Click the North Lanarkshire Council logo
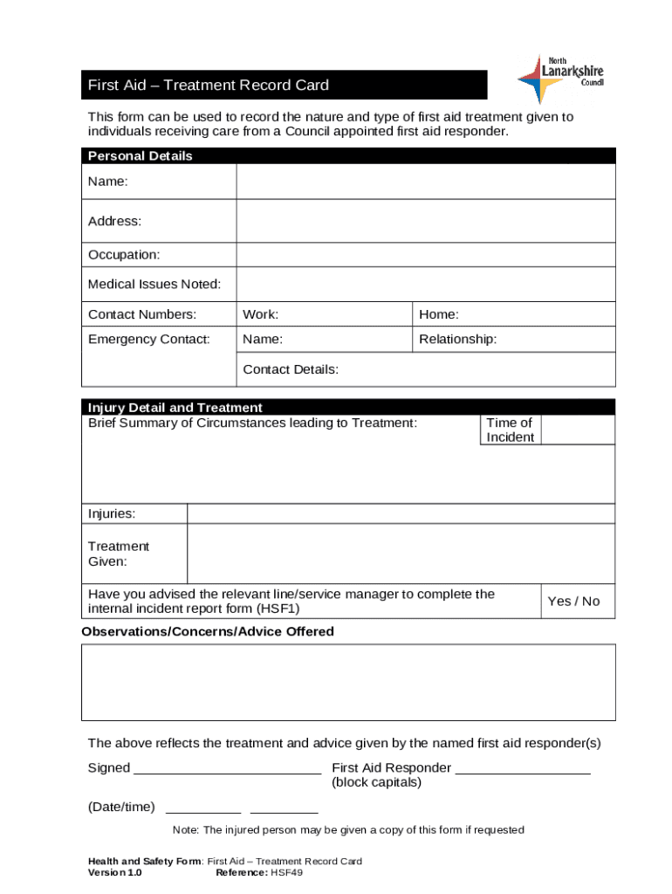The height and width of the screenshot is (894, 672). pos(559,78)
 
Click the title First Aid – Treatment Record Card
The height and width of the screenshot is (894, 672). pos(208,86)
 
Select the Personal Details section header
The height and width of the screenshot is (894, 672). pos(141,156)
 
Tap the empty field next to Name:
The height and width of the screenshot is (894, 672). pos(425,182)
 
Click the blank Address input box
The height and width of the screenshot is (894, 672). pos(425,221)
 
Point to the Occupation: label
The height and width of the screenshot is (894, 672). pos(124,255)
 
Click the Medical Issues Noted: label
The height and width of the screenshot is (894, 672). pos(154,285)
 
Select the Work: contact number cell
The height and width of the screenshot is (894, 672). pos(324,314)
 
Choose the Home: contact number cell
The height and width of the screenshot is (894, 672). pos(513,314)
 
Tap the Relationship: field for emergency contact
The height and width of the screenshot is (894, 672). pos(513,340)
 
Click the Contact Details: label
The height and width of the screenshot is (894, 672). pos(291,369)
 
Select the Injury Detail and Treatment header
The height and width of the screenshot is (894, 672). pos(175,408)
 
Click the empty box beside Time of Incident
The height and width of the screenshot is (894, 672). pos(578,430)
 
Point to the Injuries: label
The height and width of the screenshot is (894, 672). pos(112,513)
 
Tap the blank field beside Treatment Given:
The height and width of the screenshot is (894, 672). pos(401,553)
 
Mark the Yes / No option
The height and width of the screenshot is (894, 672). pos(573,601)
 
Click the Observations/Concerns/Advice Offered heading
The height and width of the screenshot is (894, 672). pos(208,631)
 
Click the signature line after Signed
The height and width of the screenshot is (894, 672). pos(227,768)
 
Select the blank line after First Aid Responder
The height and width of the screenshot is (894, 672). pos(523,768)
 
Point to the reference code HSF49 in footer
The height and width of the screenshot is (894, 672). pos(286,872)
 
